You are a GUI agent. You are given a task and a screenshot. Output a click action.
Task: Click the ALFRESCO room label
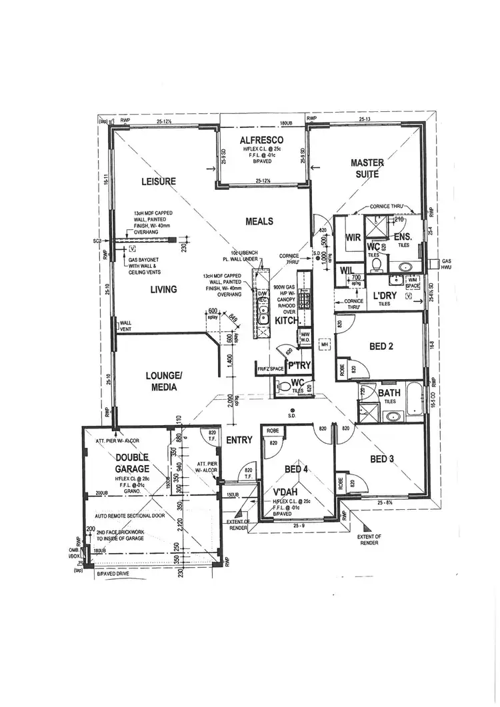[x=262, y=140]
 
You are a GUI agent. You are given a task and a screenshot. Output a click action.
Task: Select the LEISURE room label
[x=158, y=182]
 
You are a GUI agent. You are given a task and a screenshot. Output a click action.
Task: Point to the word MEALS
[x=259, y=221]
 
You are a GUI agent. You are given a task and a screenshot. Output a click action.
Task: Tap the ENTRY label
[x=238, y=440]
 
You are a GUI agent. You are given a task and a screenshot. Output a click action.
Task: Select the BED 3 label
[x=383, y=459]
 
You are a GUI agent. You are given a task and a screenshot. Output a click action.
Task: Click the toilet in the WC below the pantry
[x=284, y=386]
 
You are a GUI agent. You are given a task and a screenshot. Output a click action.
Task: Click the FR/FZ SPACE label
[x=269, y=368]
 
